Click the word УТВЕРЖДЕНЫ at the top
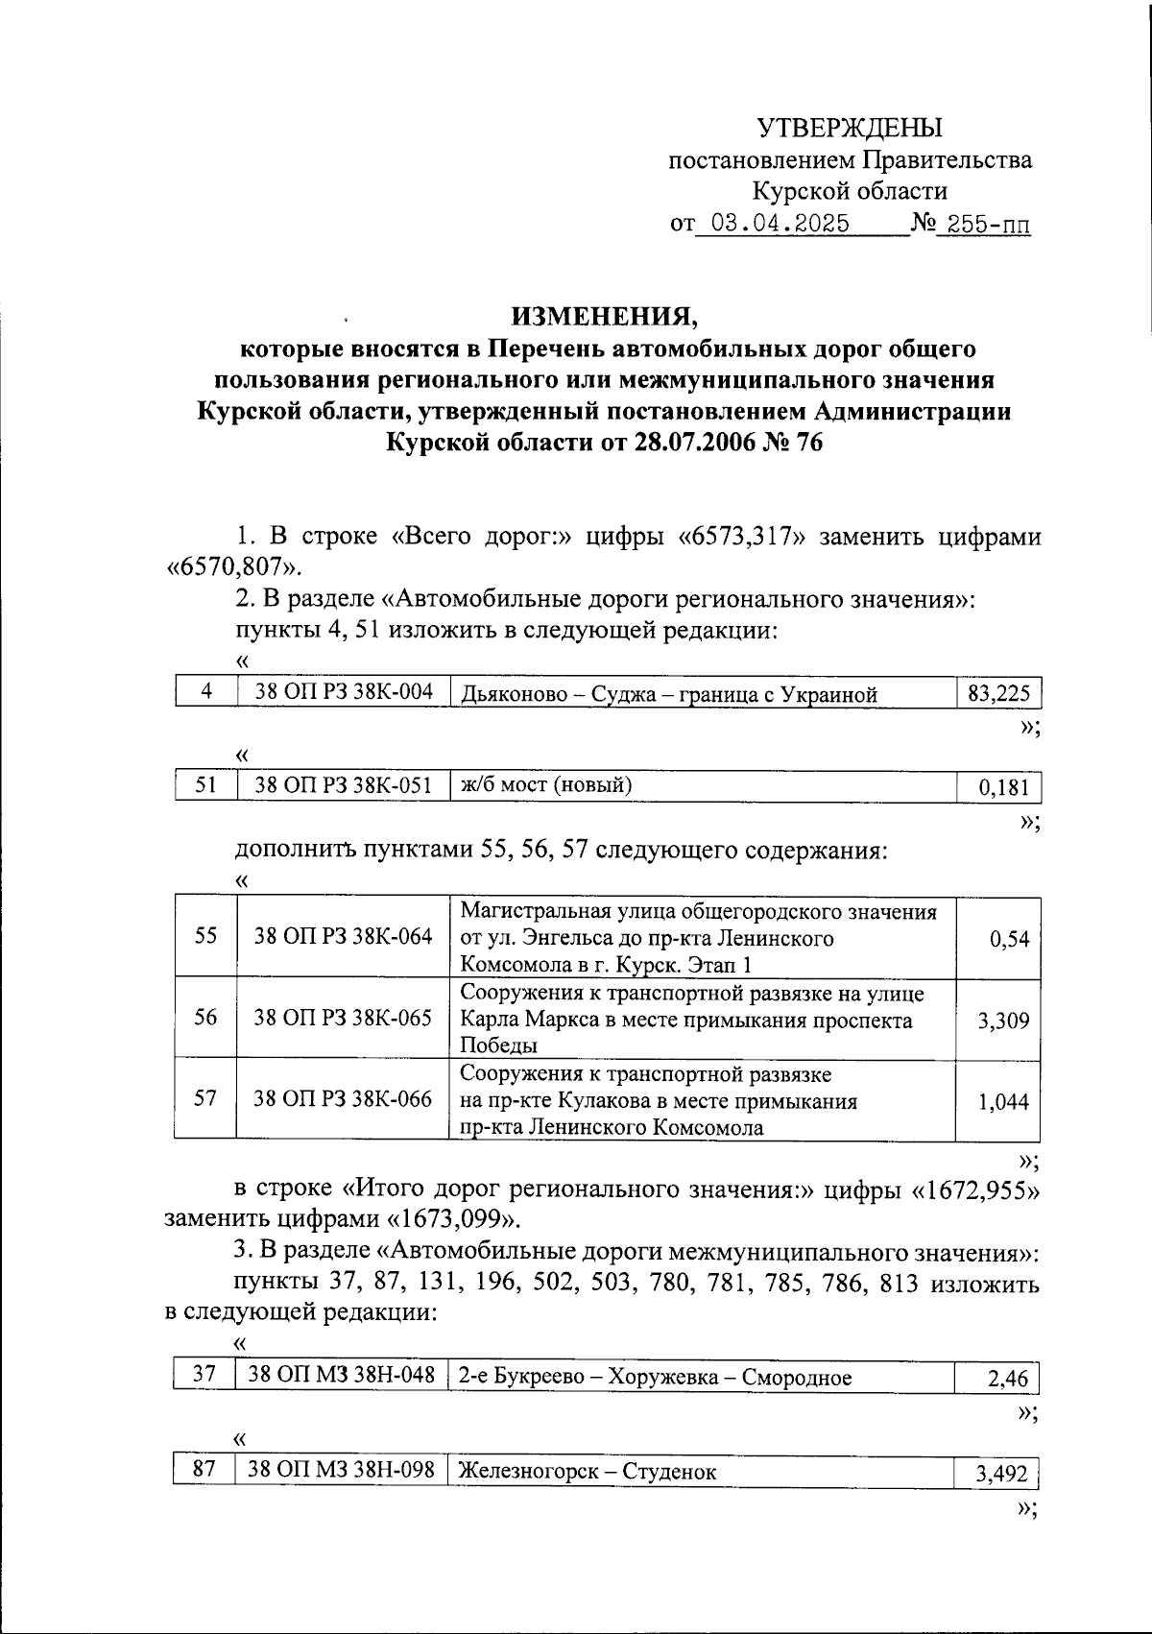[850, 128]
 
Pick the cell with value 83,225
[998, 694]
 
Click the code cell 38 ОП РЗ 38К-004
[343, 692]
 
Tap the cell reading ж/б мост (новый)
[546, 785]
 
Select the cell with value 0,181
[1003, 788]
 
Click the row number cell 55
[205, 936]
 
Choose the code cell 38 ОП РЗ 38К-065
[343, 1018]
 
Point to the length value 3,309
[1003, 1021]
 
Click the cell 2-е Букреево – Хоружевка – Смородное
[656, 1378]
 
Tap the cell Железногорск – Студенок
[588, 1471]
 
